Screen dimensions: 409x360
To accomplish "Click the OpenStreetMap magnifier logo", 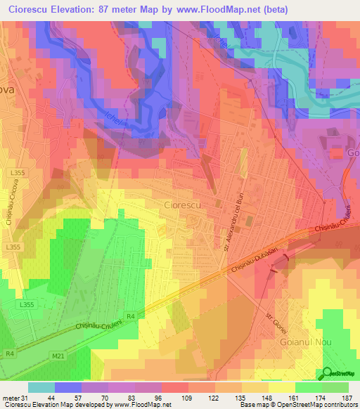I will [x=328, y=373].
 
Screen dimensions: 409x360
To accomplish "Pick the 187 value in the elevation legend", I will [x=346, y=397].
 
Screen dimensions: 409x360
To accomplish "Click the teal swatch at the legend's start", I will [x=41, y=387].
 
